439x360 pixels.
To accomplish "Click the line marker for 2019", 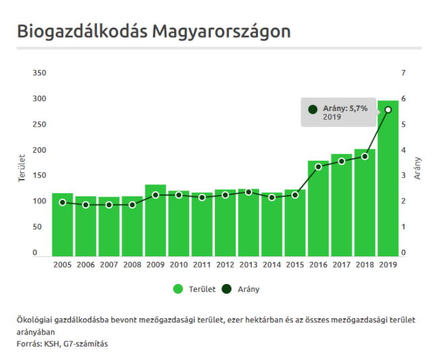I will [388, 110].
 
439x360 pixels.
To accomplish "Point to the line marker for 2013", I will [248, 192].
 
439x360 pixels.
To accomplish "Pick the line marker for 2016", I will [318, 166].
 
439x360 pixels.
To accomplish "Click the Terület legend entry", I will [195, 289].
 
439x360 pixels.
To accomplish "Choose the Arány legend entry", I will [242, 289].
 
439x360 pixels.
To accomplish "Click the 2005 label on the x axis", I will [63, 265].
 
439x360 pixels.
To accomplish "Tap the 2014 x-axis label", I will [272, 265].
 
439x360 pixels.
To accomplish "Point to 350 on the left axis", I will [40, 73].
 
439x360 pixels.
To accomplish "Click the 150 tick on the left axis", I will [40, 176].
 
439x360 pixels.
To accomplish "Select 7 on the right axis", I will [403, 73].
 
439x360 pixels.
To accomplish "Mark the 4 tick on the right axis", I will [403, 150].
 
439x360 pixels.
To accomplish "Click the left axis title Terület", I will [22, 168].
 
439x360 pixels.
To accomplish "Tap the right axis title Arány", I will [417, 168].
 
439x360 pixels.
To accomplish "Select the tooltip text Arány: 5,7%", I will [345, 108].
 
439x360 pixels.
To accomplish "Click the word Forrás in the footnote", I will [29, 344].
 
